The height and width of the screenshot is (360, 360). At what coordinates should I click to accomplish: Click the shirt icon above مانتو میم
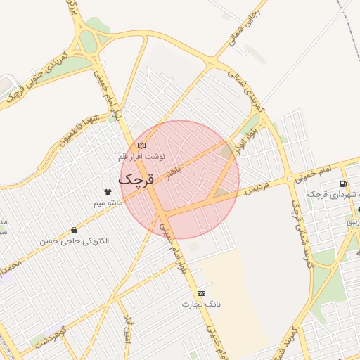[108, 192]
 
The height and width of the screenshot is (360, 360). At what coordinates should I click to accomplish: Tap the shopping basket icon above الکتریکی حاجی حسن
[75, 230]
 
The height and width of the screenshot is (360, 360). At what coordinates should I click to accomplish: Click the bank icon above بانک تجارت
[202, 293]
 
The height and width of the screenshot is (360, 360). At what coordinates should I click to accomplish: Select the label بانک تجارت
[202, 304]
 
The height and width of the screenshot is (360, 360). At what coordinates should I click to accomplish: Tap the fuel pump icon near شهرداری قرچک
[342, 184]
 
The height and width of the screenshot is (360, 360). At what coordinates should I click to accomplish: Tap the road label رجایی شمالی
[240, 29]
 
